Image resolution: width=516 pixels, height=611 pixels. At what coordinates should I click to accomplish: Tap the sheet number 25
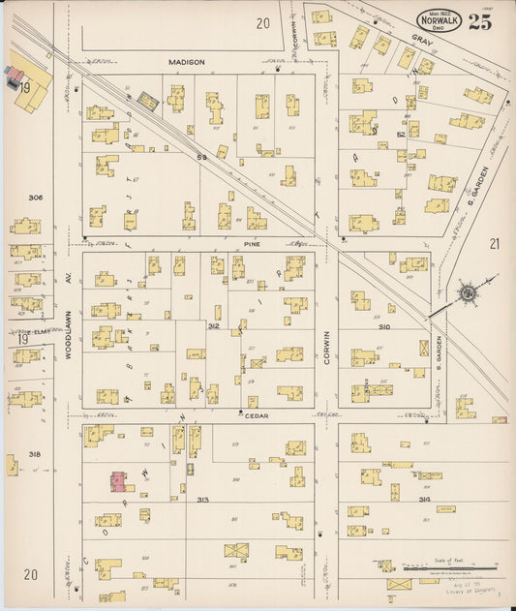479,23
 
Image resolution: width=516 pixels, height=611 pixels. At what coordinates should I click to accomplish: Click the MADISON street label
187,62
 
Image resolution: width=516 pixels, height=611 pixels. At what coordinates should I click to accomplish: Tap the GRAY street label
420,41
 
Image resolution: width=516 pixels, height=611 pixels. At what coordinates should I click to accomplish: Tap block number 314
424,499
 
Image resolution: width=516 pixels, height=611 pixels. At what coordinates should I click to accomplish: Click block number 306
36,198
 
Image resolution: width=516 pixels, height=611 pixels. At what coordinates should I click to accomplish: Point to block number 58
202,156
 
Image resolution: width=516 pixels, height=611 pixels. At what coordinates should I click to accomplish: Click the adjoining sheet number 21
495,244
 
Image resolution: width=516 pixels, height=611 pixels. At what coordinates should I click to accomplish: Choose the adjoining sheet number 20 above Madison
262,22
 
